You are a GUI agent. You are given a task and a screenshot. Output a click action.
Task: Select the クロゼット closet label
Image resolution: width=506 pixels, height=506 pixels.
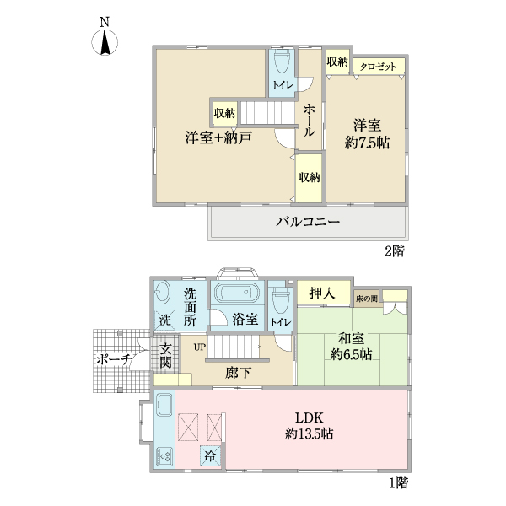click(x=379, y=66)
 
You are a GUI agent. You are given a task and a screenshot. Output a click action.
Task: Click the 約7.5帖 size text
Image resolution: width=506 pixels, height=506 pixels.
click(x=366, y=143)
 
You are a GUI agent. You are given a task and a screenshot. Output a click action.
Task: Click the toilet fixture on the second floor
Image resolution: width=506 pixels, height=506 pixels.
click(x=281, y=62)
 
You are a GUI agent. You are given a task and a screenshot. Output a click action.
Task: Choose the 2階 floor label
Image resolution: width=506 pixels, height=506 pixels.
click(x=397, y=251)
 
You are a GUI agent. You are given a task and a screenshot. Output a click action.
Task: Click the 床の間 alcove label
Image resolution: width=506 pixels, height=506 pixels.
click(x=366, y=298)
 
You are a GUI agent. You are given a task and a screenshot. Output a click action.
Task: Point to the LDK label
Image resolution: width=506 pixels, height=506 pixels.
click(x=309, y=418)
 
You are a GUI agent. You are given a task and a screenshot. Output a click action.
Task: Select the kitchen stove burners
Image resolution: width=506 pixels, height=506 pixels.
click(x=164, y=457)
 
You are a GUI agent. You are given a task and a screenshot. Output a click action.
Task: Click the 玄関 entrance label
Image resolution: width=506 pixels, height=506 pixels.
click(x=166, y=356)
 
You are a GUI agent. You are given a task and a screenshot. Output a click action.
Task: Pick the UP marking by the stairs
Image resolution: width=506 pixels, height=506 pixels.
click(x=199, y=346)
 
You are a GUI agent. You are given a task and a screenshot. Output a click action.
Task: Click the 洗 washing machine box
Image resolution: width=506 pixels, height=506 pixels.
click(x=164, y=320)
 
